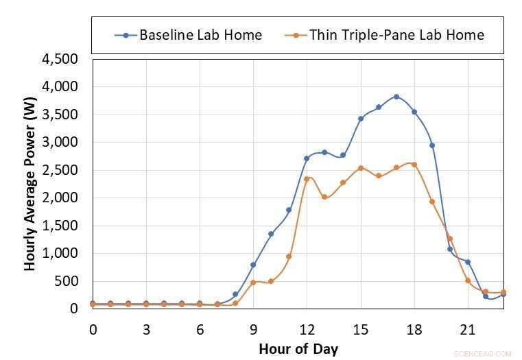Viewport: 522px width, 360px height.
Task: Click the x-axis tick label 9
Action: [x=253, y=330]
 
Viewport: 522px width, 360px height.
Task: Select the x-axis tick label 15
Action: [x=360, y=330]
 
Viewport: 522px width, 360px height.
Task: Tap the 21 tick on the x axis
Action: [x=467, y=330]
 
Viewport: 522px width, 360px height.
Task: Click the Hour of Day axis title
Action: [x=298, y=349]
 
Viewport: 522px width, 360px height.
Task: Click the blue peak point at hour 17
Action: [x=396, y=97]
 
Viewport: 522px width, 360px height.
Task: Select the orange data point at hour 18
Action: [x=414, y=165]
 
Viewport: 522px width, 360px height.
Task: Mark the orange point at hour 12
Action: [x=307, y=179]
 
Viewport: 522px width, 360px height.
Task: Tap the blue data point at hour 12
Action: [x=307, y=158]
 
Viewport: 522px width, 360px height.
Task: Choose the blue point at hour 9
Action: [x=253, y=265]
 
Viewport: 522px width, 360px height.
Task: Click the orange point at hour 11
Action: [x=289, y=256]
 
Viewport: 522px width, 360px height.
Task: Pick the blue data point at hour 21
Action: [x=468, y=262]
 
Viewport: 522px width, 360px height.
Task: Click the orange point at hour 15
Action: [x=361, y=168]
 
